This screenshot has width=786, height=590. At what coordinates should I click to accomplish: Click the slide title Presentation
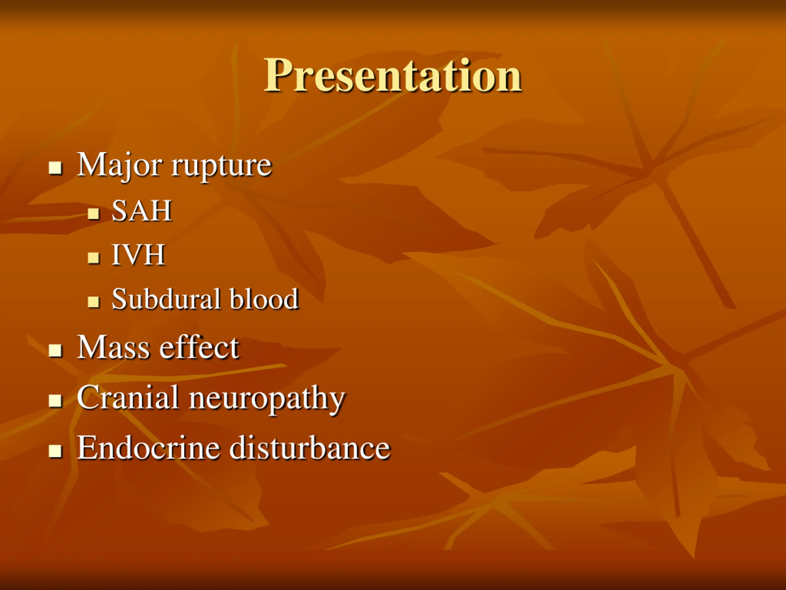[x=392, y=75]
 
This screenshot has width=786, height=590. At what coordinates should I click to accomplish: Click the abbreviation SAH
[x=142, y=210]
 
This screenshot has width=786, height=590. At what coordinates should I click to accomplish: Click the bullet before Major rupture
[x=56, y=168]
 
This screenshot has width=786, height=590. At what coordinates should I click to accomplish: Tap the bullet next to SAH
[x=93, y=214]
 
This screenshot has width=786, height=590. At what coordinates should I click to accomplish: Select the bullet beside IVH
[x=93, y=258]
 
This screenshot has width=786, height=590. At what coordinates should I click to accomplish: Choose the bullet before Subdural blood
[x=93, y=302]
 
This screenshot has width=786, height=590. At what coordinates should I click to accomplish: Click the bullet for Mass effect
[x=56, y=350]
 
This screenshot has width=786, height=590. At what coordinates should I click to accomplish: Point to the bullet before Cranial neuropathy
[x=56, y=400]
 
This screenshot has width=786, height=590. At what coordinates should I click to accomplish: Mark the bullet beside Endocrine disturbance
[x=56, y=451]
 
